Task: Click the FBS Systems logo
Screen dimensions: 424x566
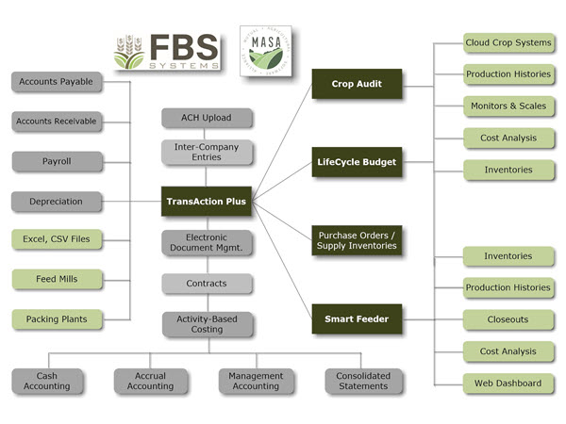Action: tap(166, 53)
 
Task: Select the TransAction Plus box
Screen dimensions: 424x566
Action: tap(207, 201)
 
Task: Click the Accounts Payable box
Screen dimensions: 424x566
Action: tap(56, 82)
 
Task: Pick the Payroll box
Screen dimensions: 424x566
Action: tap(56, 161)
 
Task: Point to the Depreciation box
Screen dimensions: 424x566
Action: tap(56, 201)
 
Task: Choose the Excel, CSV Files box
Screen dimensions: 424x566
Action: tap(56, 239)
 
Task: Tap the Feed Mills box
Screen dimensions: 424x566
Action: tap(56, 279)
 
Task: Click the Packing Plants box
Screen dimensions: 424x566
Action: tap(56, 318)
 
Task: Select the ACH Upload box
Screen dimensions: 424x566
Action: tap(207, 118)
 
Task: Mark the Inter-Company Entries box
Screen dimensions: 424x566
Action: tap(207, 152)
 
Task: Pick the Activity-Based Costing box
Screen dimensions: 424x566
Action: tap(207, 324)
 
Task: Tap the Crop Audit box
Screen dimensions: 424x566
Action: tap(357, 84)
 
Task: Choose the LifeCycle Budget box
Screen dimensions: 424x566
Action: tap(357, 162)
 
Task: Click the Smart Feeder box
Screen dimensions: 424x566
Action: tap(357, 319)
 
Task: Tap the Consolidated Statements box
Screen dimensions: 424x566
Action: tap(362, 381)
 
